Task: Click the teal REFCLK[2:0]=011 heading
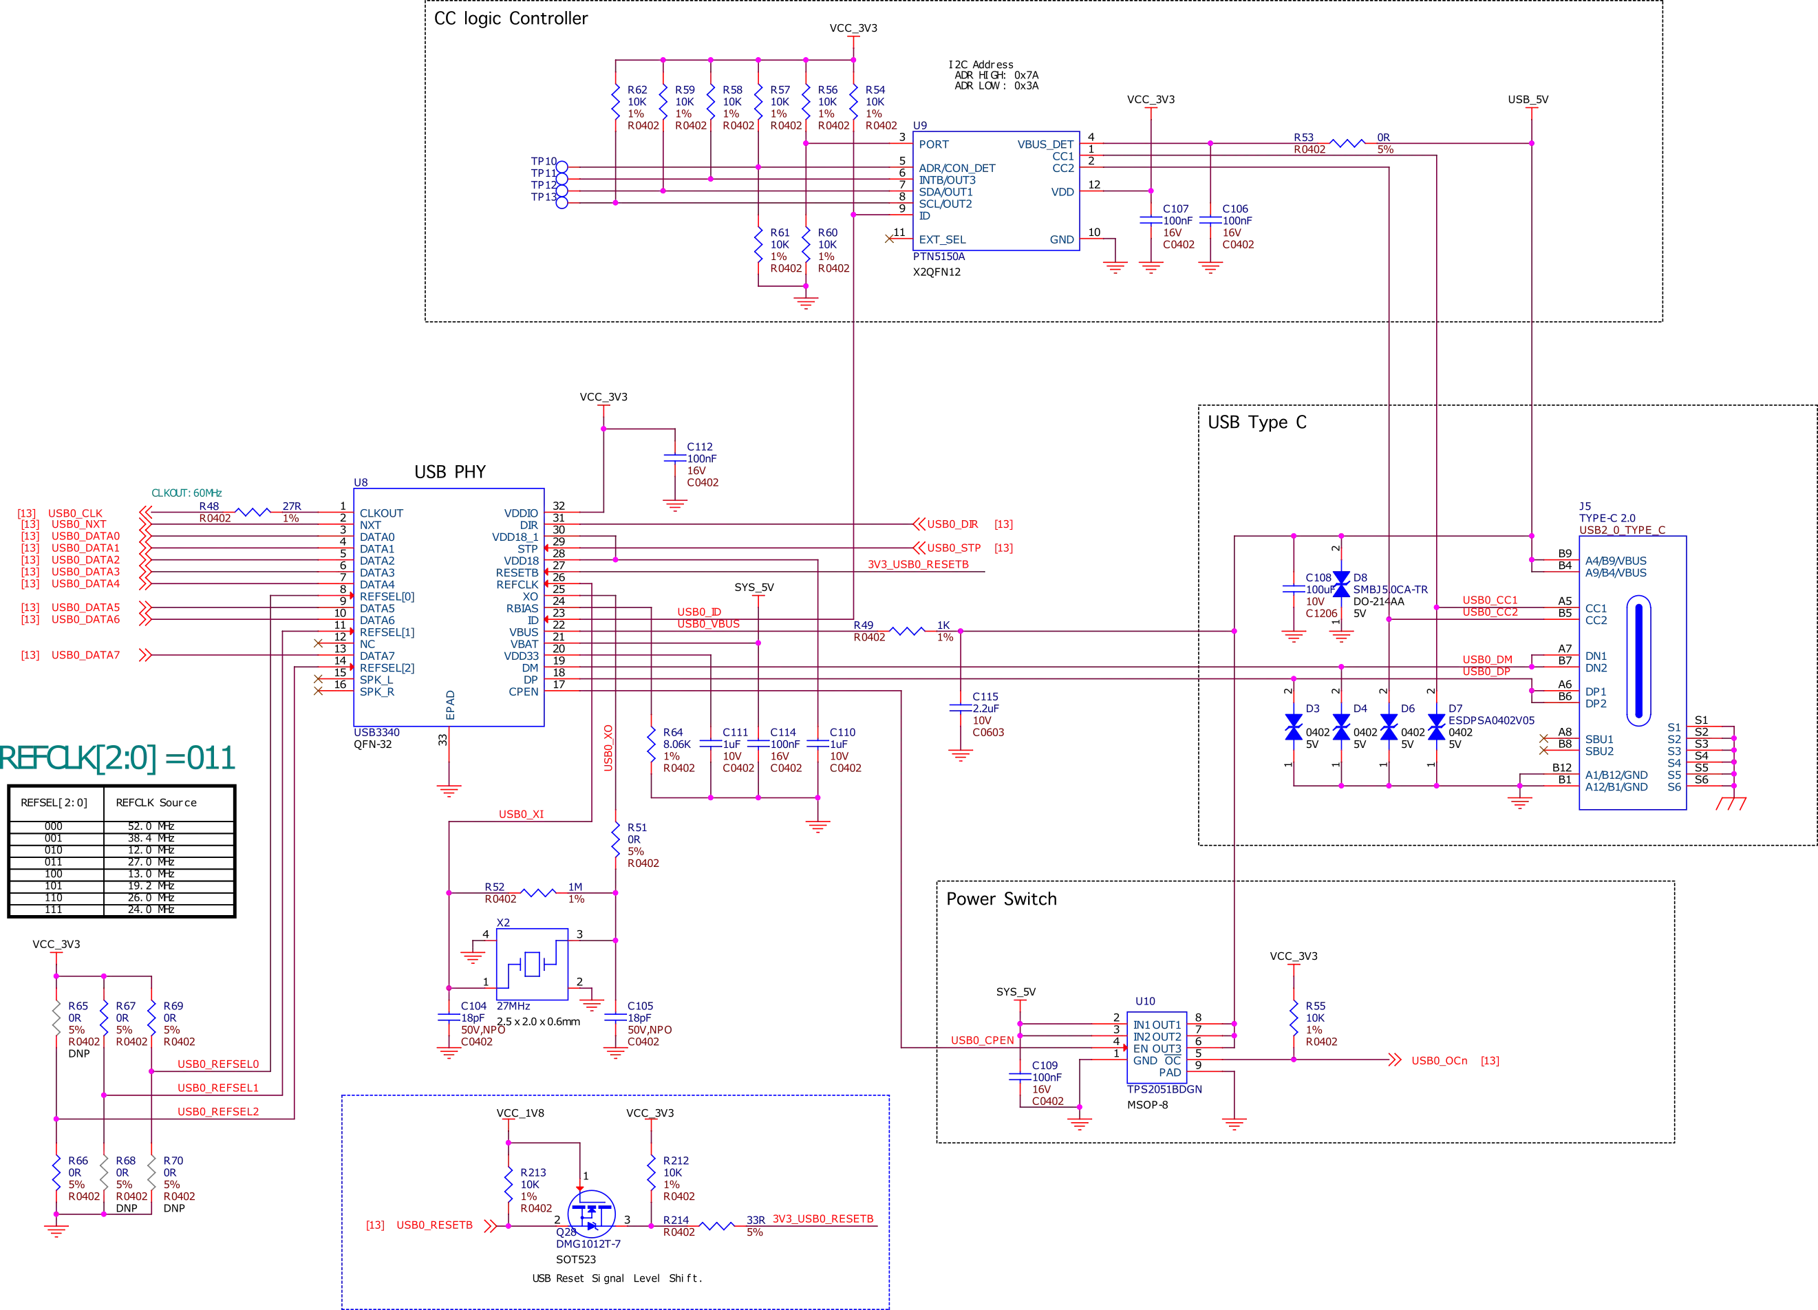click(118, 758)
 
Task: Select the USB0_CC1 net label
click(1488, 601)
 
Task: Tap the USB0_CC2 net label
click(1488, 612)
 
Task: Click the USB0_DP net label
click(1487, 672)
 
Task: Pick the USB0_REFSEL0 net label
click(217, 1064)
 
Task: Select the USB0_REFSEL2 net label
click(217, 1112)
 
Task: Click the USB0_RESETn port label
click(434, 1225)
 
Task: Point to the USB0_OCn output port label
click(1440, 1060)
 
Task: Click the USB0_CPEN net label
click(983, 1040)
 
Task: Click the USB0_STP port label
click(954, 548)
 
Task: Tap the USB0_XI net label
click(521, 815)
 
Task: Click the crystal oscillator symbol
click(533, 962)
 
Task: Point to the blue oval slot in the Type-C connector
click(1638, 661)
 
